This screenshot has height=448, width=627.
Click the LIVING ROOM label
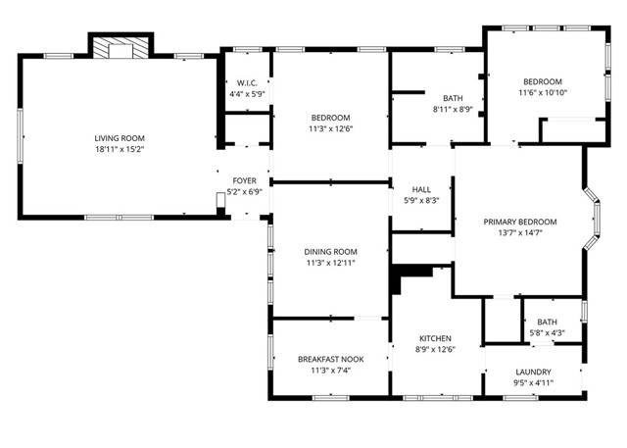[120, 138]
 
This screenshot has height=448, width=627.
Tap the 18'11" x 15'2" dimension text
[120, 150]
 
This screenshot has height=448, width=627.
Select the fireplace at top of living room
[121, 48]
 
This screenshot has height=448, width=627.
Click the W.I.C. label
[247, 83]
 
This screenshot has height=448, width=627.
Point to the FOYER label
[244, 180]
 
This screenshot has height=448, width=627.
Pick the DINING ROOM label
[331, 252]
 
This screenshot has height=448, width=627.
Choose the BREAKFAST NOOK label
[331, 360]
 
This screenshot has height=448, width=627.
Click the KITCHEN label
[435, 338]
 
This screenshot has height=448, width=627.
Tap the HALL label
[421, 189]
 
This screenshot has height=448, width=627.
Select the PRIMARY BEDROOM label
[520, 222]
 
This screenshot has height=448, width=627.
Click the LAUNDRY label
[533, 372]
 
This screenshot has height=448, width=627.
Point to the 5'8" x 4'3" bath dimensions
[547, 332]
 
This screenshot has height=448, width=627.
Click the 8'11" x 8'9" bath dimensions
[453, 109]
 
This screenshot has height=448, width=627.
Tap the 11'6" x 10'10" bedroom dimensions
[543, 93]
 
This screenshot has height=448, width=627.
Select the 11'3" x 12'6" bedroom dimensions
[331, 128]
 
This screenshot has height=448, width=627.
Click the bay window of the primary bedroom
[593, 219]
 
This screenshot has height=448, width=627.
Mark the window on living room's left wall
[20, 136]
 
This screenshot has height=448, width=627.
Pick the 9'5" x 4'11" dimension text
[533, 383]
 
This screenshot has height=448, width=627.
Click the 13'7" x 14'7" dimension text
[520, 233]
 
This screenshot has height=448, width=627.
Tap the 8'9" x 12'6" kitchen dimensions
[435, 350]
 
